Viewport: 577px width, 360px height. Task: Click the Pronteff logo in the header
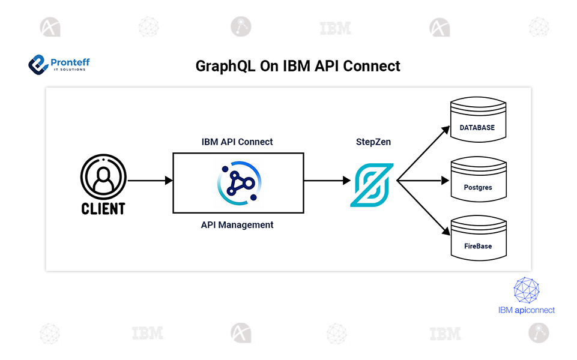[59, 64]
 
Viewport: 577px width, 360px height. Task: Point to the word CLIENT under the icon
[103, 208]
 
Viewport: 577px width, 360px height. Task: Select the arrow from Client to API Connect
[150, 179]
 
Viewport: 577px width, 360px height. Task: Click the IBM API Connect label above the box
[237, 142]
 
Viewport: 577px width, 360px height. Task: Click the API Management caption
[237, 225]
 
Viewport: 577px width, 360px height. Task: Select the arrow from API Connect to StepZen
[327, 179]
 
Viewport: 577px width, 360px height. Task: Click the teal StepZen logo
[371, 184]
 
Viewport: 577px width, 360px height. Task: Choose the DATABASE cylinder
[477, 124]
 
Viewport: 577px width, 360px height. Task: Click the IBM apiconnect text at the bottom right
[526, 310]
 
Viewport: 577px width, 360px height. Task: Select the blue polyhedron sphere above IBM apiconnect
[527, 290]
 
